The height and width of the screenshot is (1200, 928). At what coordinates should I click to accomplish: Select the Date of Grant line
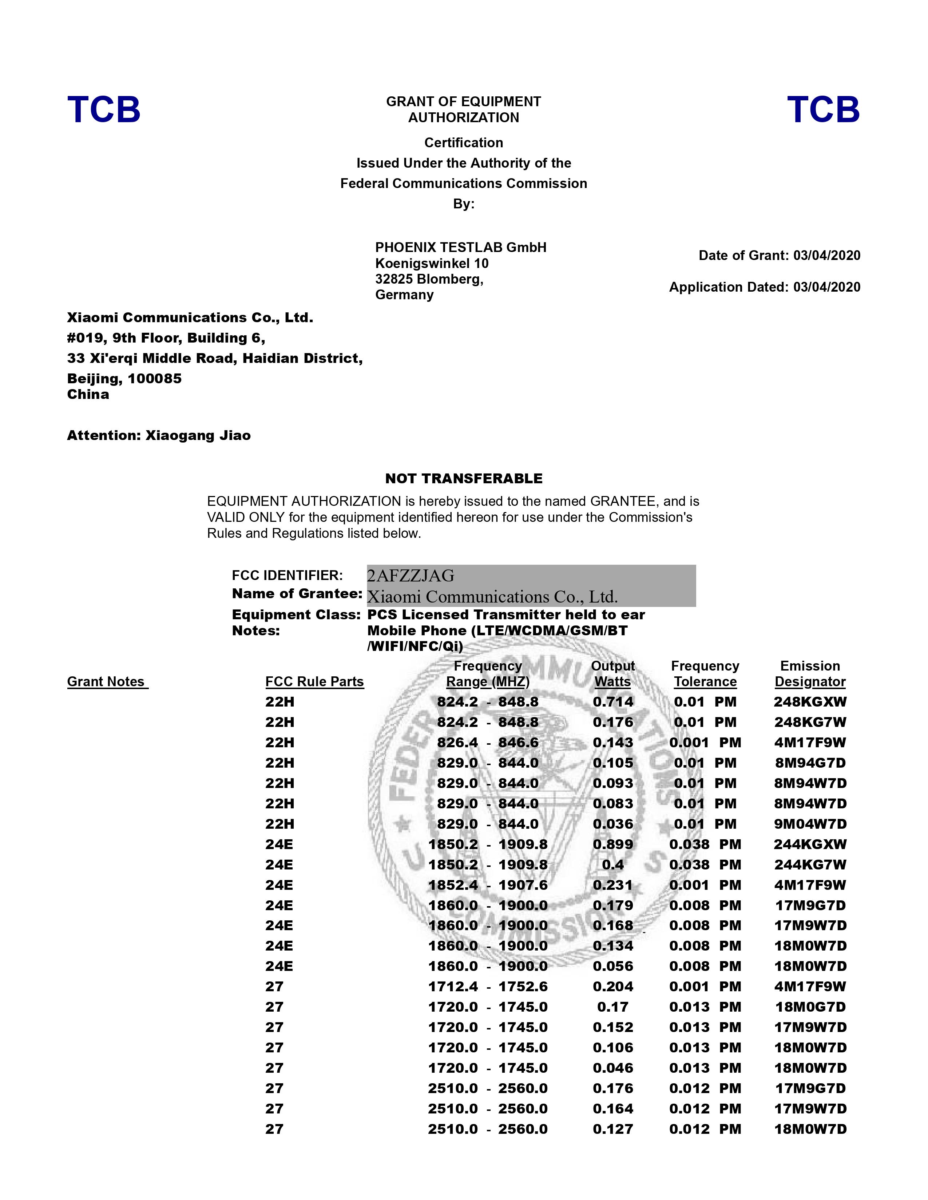779,256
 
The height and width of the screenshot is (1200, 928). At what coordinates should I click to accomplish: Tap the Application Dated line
764,287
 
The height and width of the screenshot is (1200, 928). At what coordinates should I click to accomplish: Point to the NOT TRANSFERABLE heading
463,479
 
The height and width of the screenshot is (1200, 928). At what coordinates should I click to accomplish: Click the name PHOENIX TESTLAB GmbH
461,247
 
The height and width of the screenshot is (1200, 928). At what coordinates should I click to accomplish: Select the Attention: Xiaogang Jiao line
159,436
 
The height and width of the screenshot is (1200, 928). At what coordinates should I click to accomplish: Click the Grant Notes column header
107,682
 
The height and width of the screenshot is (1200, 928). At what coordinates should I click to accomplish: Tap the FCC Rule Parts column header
314,682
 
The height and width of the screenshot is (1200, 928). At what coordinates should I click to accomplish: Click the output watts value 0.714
613,702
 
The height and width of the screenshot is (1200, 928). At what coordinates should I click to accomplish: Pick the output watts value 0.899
613,844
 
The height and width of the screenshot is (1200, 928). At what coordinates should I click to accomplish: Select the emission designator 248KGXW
810,702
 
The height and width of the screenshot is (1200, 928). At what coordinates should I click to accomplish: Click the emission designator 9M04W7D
810,824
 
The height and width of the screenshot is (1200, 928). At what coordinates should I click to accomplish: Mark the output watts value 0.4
613,865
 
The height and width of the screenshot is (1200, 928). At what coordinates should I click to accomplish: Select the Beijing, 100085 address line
124,379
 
